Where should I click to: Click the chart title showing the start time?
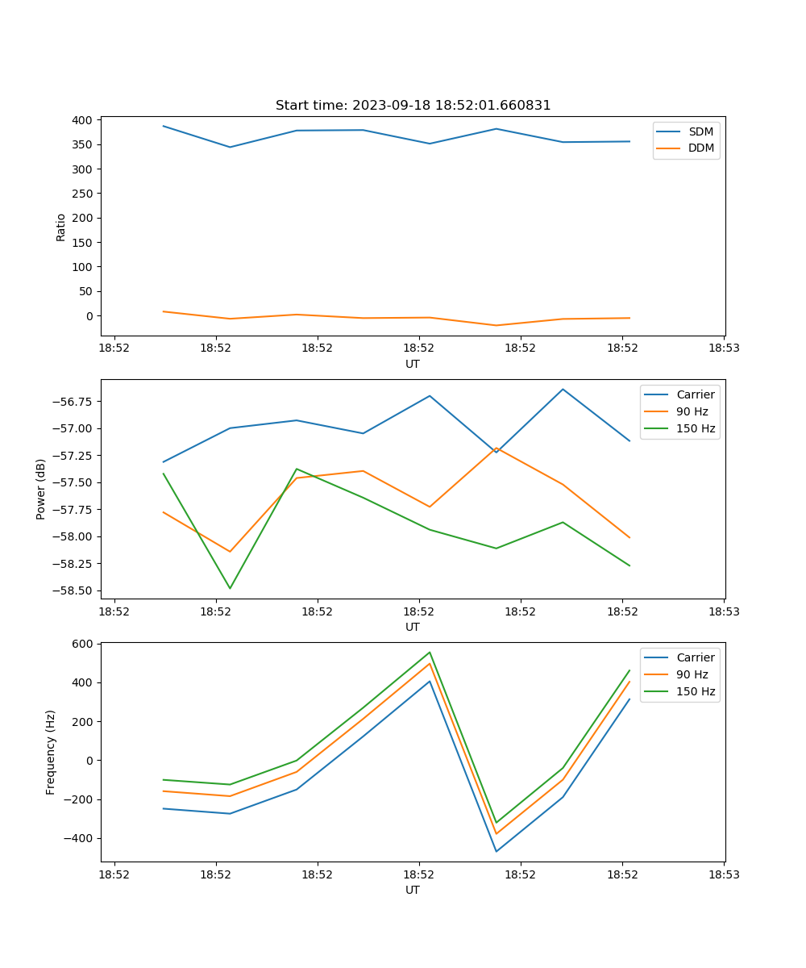[413, 106]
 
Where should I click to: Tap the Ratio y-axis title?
[61, 227]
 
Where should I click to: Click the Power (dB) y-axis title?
[41, 490]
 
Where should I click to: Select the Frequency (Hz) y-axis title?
[51, 752]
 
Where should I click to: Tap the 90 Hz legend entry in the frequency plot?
[692, 674]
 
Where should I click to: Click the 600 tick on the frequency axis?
[85, 644]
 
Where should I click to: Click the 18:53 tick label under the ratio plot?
[724, 348]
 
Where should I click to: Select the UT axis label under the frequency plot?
[413, 890]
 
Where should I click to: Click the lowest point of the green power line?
[231, 588]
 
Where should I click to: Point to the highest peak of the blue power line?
[563, 389]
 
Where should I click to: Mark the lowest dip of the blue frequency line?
[496, 851]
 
